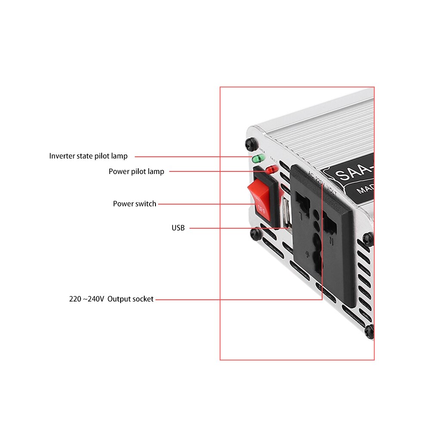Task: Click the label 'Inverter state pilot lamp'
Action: (x=88, y=156)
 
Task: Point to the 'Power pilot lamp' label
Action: (x=136, y=171)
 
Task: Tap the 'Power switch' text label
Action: (x=134, y=204)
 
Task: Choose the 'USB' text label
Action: (x=178, y=228)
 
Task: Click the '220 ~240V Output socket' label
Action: (x=111, y=299)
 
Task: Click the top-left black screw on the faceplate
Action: (x=250, y=143)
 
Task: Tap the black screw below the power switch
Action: (x=255, y=234)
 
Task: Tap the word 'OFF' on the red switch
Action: (x=260, y=210)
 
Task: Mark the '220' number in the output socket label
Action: (x=75, y=299)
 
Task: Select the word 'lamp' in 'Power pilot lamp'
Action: (x=155, y=171)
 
